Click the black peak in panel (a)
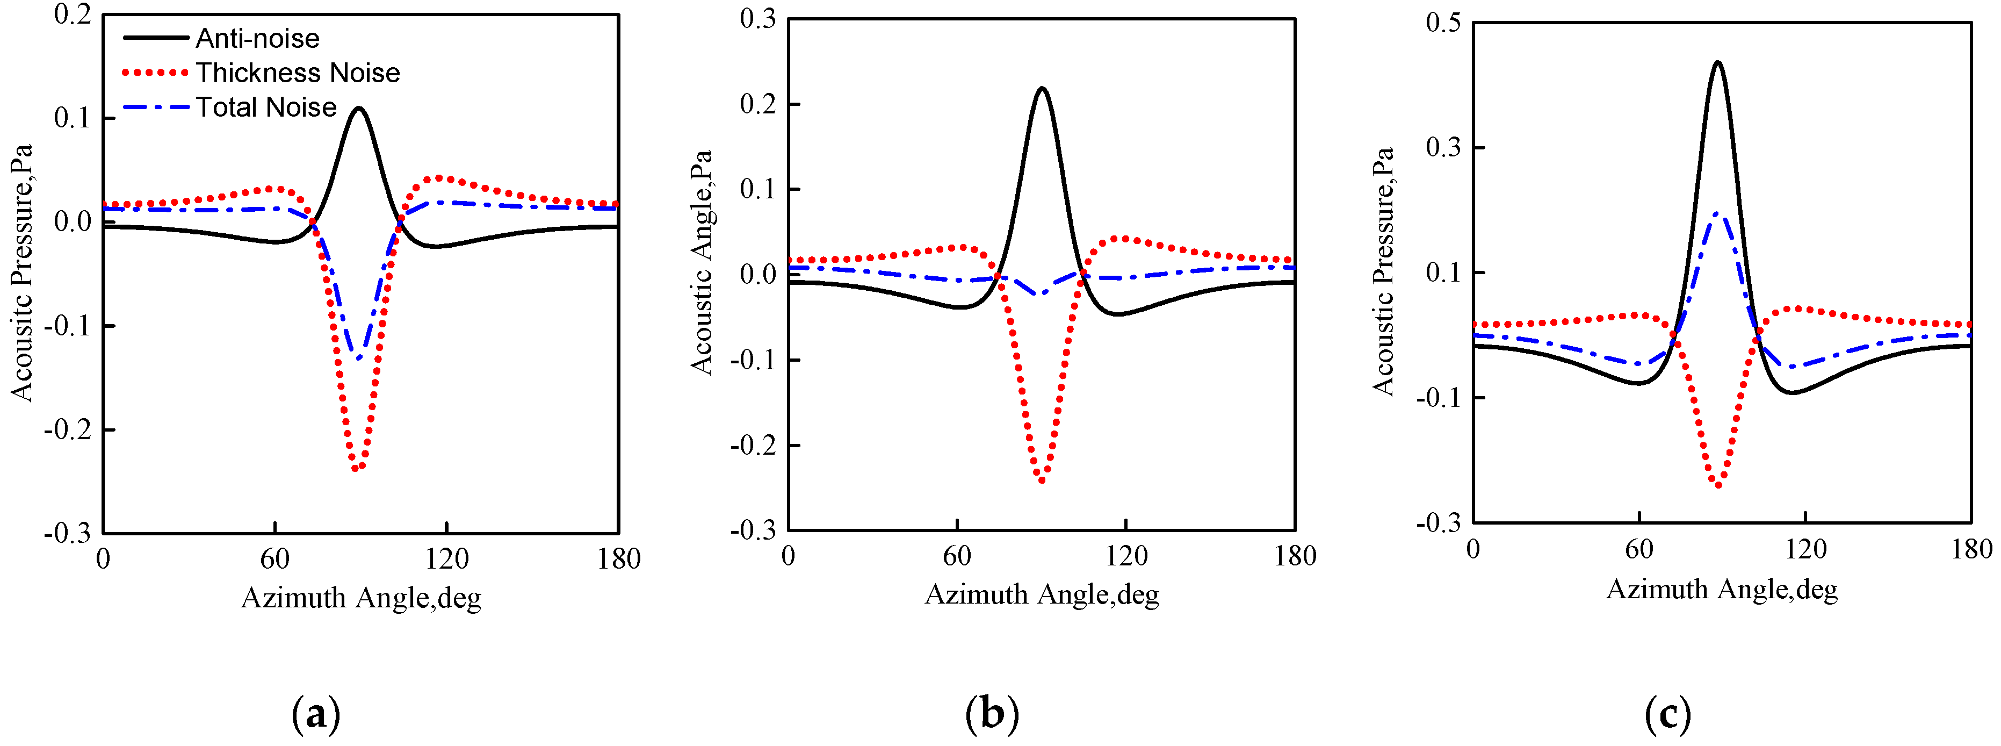[x=359, y=109]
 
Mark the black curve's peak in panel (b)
[x=1042, y=89]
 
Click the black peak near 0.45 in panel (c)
[x=1717, y=63]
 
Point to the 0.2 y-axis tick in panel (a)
[x=73, y=14]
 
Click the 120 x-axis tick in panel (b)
[x=1126, y=556]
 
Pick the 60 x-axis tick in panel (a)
[x=274, y=559]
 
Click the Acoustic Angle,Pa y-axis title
[x=702, y=263]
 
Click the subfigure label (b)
[x=992, y=713]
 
